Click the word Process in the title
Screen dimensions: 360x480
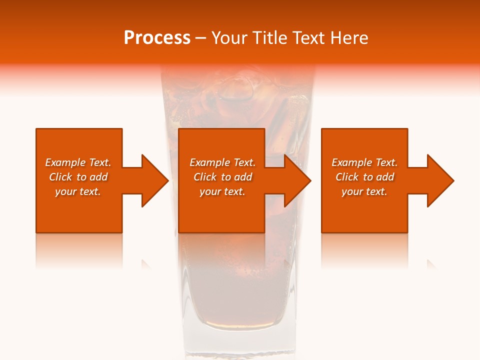[x=157, y=38]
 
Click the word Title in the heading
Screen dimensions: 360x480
[x=269, y=38]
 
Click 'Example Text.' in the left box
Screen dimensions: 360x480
[x=78, y=162]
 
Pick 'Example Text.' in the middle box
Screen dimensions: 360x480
[x=222, y=162]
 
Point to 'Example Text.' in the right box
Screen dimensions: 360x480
[x=364, y=162]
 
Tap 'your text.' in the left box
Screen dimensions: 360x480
[x=78, y=191]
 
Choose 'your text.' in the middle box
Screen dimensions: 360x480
[x=222, y=191]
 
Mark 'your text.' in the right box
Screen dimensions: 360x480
[x=364, y=191]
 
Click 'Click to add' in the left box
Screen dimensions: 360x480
[x=78, y=177]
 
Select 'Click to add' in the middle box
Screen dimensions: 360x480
[x=222, y=177]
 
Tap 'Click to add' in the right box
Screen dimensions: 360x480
[x=364, y=177]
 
